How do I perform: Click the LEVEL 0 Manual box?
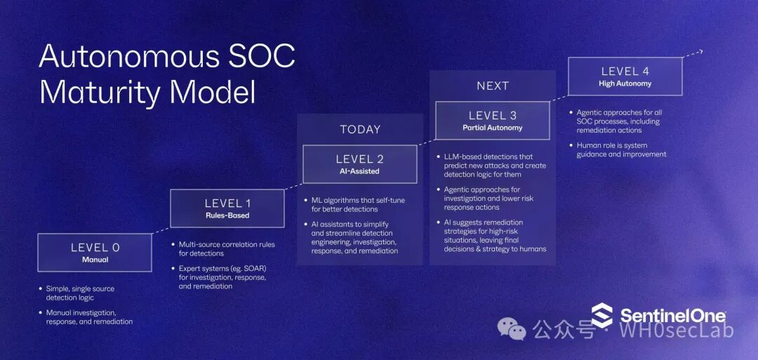(x=94, y=253)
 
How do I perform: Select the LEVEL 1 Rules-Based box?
(x=227, y=208)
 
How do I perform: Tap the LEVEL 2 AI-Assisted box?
(x=359, y=164)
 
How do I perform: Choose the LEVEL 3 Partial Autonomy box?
(x=492, y=121)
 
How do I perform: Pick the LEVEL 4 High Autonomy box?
(x=625, y=76)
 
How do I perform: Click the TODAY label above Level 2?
(x=360, y=129)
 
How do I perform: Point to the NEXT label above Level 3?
(x=492, y=86)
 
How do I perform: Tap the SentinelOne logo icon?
(x=601, y=316)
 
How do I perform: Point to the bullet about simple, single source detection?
(x=79, y=293)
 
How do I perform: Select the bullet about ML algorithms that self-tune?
(x=358, y=205)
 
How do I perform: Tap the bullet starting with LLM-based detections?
(x=494, y=166)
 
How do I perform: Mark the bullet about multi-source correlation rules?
(x=222, y=248)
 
